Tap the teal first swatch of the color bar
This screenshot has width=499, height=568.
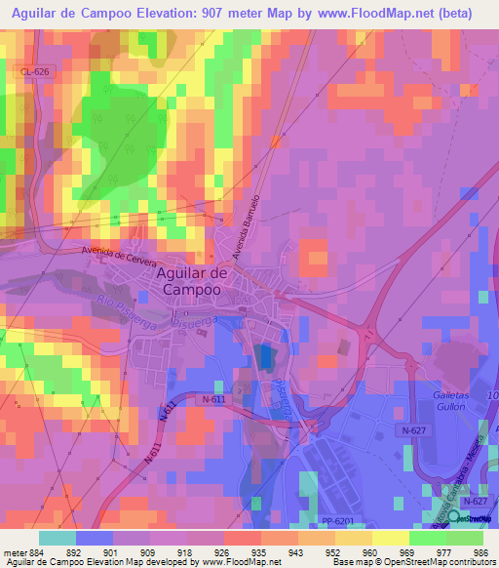point(57,537)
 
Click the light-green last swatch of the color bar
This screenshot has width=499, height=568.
point(464,537)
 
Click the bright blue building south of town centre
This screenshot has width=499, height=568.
point(265,357)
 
